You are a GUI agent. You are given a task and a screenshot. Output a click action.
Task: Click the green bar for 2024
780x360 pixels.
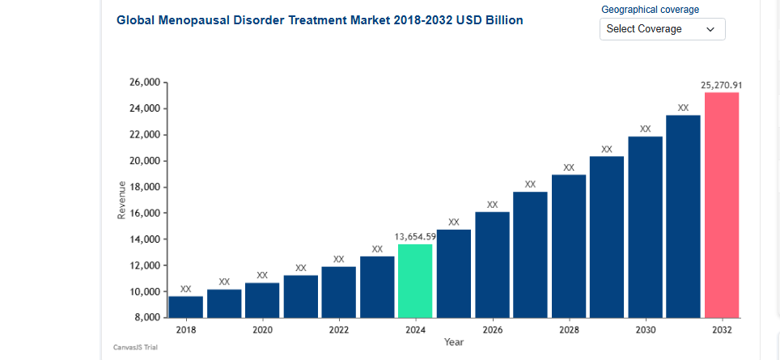415,281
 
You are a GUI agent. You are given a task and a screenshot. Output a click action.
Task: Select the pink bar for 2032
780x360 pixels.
722,205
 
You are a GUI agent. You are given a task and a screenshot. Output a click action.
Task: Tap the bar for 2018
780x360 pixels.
185,307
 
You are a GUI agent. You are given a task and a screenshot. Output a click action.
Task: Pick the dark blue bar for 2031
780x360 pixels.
683,216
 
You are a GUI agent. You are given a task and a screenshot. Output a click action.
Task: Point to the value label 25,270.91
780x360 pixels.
722,84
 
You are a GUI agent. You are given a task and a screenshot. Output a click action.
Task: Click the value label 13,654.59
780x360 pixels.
415,236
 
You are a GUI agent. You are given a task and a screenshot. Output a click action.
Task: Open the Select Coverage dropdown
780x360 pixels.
662,29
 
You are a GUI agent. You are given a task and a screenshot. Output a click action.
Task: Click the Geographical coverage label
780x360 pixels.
651,10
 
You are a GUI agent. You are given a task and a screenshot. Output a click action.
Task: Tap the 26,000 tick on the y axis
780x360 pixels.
146,83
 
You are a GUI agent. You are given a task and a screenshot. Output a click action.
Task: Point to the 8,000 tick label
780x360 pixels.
149,317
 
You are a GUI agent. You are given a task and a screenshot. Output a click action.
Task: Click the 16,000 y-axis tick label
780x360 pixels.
146,213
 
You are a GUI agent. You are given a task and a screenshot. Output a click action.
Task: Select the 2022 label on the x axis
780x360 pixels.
339,330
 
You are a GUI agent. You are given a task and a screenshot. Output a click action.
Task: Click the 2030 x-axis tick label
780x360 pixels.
645,330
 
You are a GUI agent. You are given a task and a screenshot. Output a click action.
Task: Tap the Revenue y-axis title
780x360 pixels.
121,200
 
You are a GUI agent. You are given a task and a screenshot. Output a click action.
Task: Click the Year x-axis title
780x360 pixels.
454,342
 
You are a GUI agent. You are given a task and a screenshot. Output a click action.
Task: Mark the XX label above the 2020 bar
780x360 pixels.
262,275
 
